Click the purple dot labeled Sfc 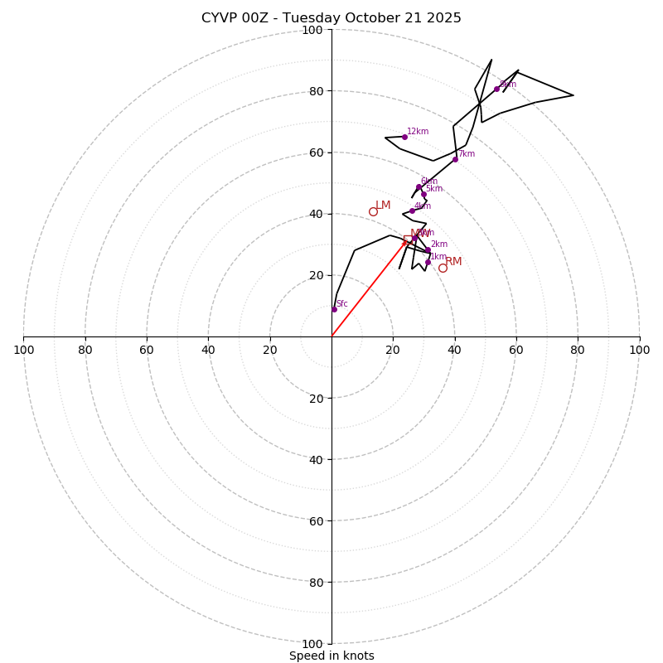point(334,309)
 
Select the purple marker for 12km point(404,137)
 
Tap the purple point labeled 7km point(455,159)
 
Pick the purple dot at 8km point(496,89)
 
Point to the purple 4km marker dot point(412,211)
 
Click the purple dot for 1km point(428,263)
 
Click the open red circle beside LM point(373,211)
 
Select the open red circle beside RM point(443,268)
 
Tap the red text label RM point(453,262)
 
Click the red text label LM point(383,206)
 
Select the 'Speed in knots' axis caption point(331,656)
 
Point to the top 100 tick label point(312,30)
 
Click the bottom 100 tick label point(312,644)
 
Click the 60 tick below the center point(316,521)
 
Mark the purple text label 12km point(418,131)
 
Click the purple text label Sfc point(342,304)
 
